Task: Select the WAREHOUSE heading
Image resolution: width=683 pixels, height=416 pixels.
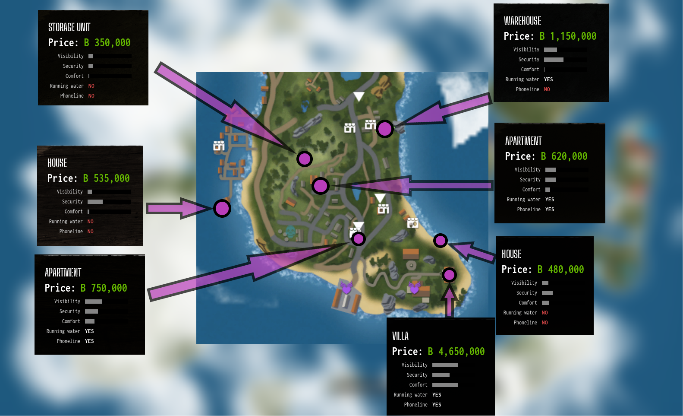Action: tap(522, 21)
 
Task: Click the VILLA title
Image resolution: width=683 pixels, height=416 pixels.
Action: tap(400, 336)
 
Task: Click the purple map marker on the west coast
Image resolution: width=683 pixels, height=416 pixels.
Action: tap(222, 209)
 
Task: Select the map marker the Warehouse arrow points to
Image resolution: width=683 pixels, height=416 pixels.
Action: tap(384, 129)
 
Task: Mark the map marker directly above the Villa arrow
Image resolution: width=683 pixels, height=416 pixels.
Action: tap(449, 275)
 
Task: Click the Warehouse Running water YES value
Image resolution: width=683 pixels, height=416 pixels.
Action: tap(548, 79)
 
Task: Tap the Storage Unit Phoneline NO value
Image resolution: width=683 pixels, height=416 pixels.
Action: tap(91, 96)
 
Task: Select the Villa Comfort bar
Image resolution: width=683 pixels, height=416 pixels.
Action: tap(445, 385)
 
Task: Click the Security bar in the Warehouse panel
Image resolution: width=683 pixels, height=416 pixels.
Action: tap(554, 60)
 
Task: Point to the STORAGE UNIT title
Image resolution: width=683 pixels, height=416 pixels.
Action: tap(69, 27)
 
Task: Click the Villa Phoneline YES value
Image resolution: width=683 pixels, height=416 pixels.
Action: tap(437, 405)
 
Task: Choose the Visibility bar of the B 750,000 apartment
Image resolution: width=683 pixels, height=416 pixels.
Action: tap(94, 302)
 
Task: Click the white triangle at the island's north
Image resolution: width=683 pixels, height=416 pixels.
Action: tap(359, 96)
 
